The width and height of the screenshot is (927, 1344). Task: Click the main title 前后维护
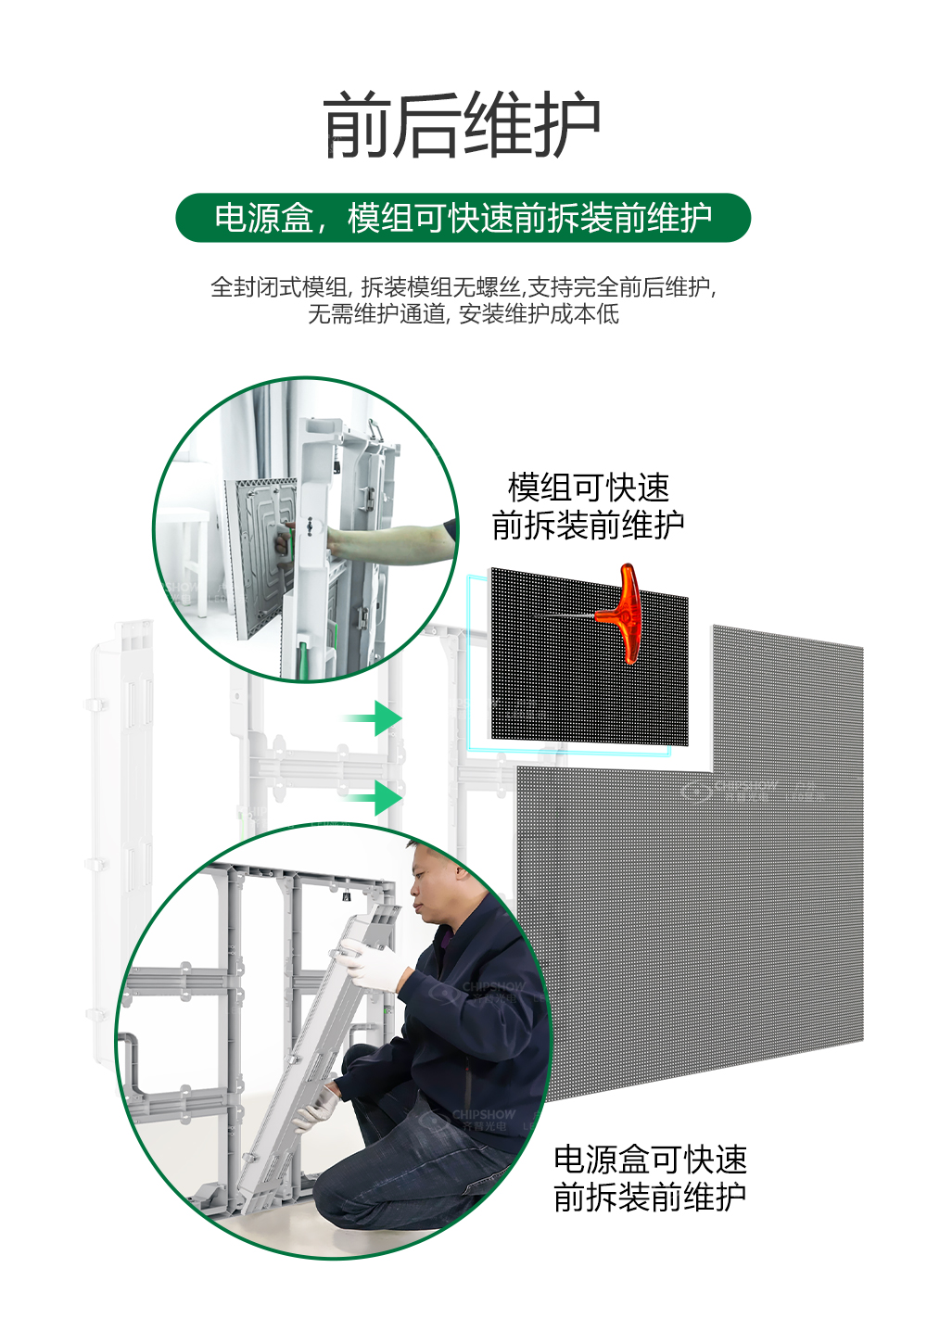point(463,125)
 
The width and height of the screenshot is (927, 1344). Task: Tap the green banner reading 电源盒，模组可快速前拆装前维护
point(463,218)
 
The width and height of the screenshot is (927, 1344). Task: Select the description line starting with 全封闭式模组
point(463,286)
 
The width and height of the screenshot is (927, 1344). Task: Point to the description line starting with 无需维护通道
point(463,314)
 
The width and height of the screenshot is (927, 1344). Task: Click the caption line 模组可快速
point(588,488)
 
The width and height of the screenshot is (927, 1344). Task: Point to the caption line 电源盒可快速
point(650,1160)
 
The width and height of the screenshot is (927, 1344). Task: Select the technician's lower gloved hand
point(315,1108)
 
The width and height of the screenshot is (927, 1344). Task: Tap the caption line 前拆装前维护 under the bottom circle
point(650,1198)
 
